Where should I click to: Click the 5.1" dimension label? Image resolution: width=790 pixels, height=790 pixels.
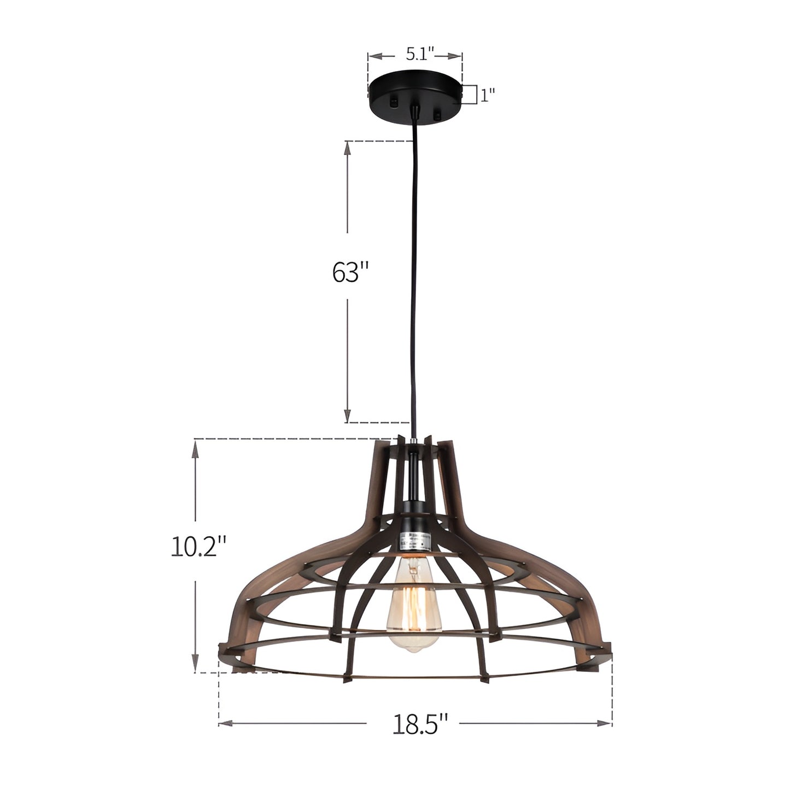tap(420, 54)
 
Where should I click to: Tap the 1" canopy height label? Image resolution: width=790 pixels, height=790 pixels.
tap(487, 96)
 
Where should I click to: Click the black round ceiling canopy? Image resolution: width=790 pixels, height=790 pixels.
tap(415, 97)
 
